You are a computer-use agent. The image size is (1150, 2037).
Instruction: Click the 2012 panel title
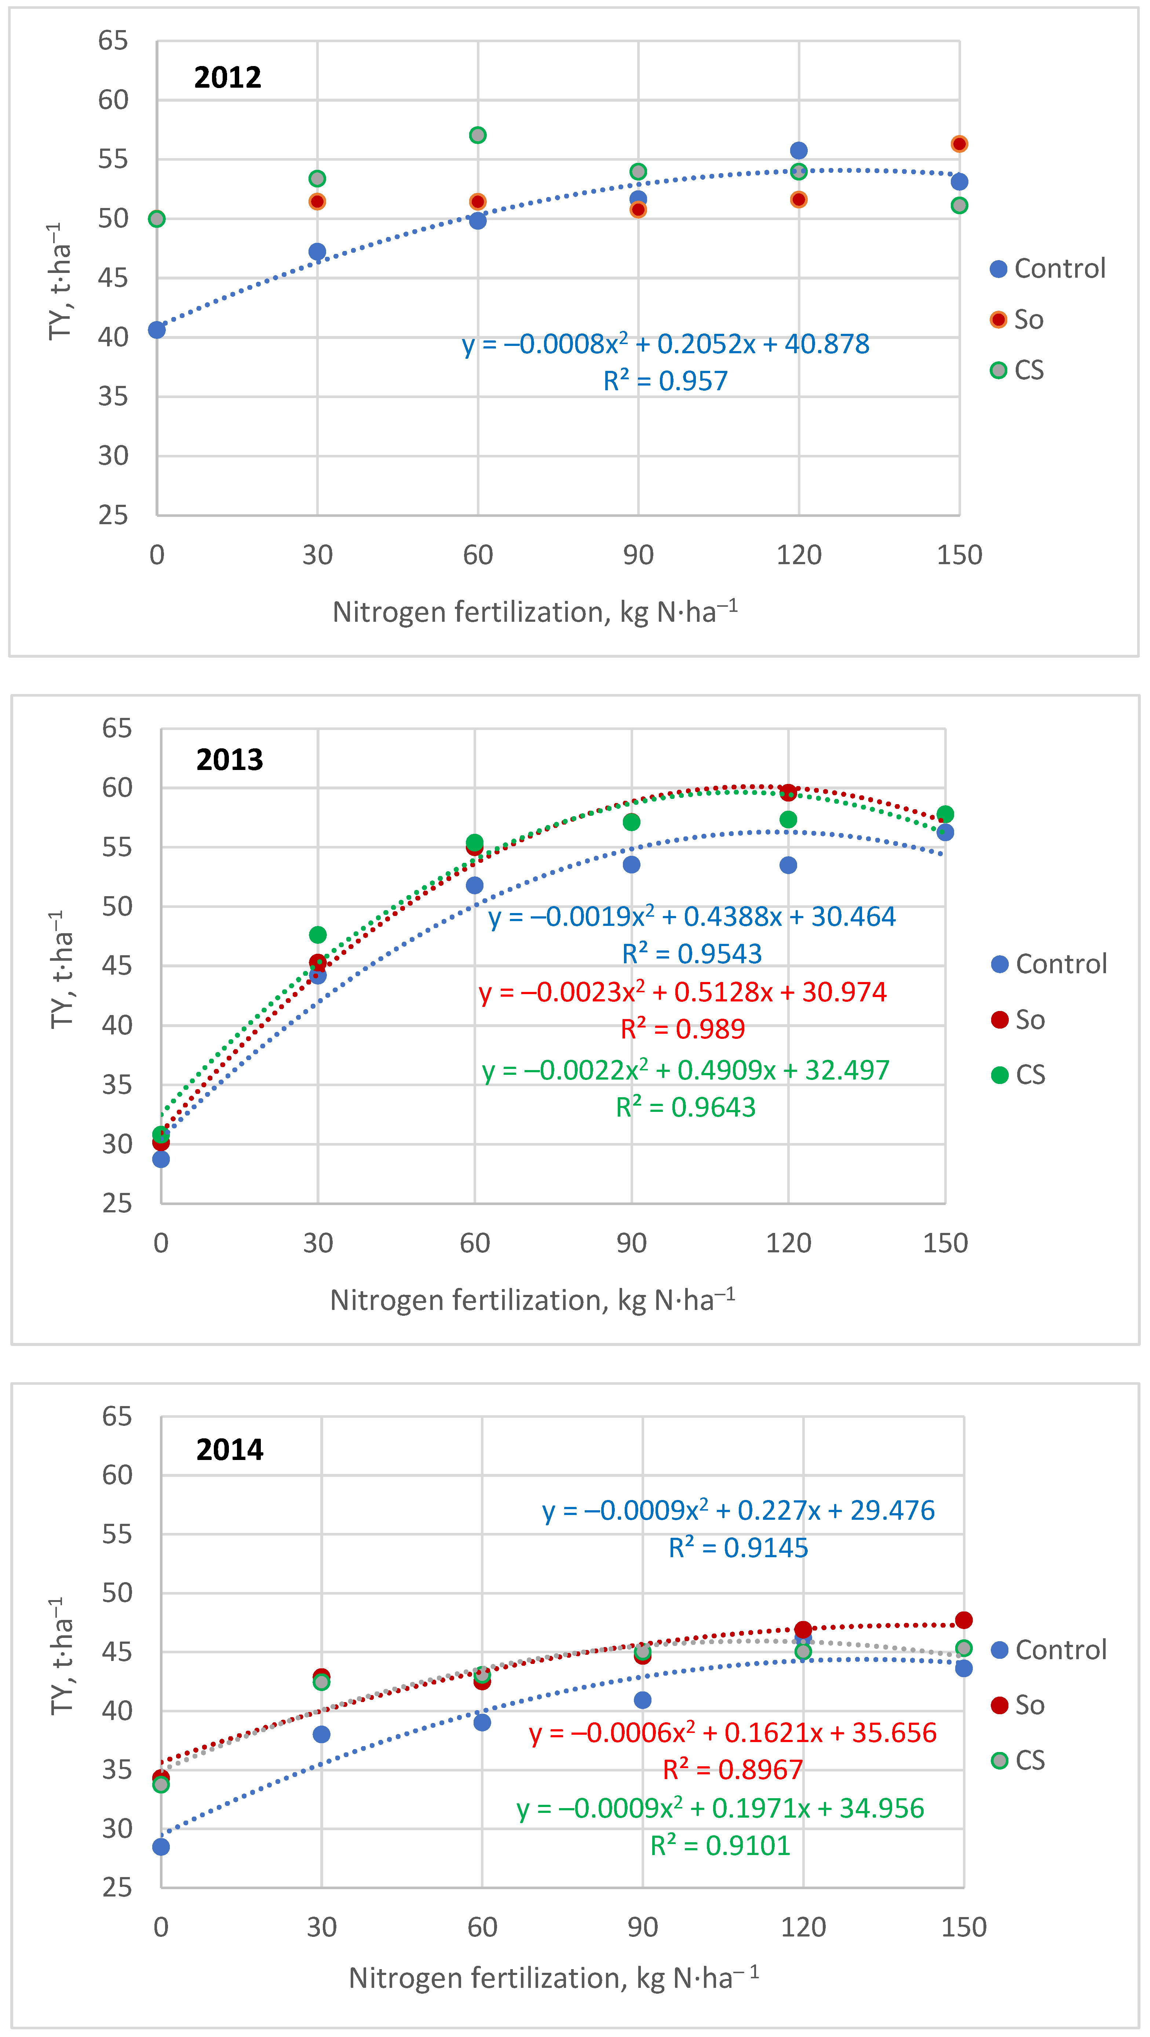coord(228,77)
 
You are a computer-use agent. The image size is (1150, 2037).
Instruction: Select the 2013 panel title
coord(229,760)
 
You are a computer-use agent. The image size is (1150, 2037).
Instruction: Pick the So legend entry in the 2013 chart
coord(1018,1020)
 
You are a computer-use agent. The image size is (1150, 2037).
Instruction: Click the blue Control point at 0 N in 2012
coord(157,330)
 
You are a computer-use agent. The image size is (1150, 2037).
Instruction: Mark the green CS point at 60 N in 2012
coord(478,135)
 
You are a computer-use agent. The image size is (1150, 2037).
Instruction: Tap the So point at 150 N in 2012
coord(959,144)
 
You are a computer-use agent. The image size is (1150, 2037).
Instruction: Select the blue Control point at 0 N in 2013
coord(161,1159)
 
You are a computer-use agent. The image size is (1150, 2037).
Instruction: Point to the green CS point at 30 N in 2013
coord(318,935)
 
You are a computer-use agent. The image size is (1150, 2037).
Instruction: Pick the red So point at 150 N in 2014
coord(963,1620)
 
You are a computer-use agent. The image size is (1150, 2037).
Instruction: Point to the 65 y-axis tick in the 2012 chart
coord(113,40)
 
